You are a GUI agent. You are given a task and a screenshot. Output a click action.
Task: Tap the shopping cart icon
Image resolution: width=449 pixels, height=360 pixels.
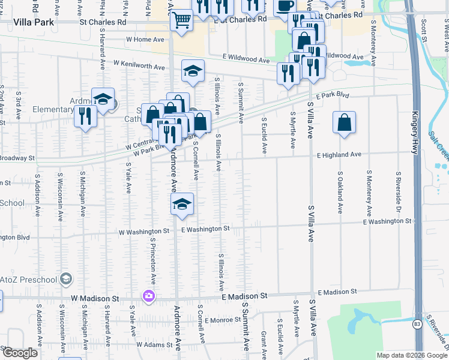coord(181,20)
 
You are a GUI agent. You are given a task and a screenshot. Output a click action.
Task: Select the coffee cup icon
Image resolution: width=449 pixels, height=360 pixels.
coord(285,6)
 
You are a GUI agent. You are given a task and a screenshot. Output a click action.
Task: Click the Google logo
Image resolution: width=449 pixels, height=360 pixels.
coord(19,353)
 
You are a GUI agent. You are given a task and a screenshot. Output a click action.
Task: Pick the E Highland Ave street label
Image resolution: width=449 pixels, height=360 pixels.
coord(339,154)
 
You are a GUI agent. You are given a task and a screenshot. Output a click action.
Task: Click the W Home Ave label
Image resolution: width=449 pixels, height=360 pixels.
coord(145,40)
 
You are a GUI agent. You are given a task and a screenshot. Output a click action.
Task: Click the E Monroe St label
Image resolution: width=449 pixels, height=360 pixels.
coord(222,320)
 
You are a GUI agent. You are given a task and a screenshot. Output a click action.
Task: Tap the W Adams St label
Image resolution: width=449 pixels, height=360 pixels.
coord(155,345)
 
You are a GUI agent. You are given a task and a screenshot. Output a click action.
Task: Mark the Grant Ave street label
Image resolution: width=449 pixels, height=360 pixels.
coord(264,342)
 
